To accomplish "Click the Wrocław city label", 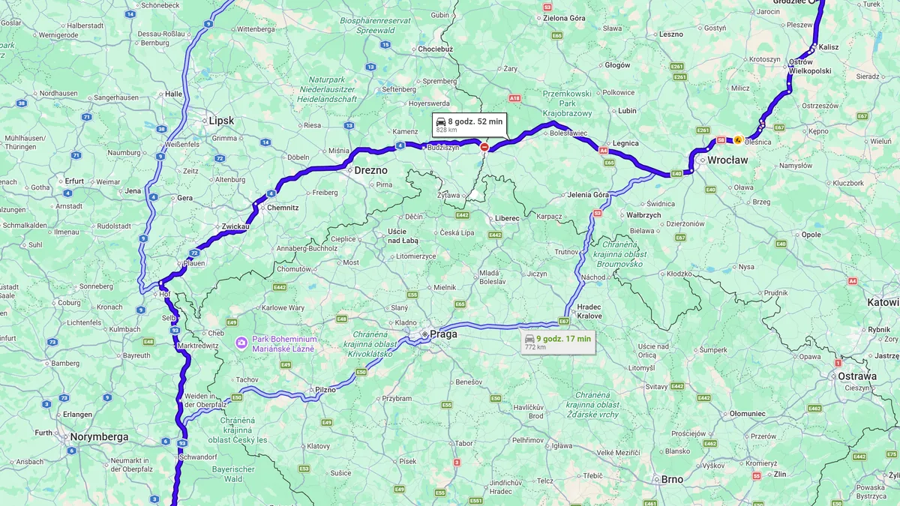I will click(x=728, y=160).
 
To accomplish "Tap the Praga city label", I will click(x=443, y=334).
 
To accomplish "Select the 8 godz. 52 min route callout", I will click(x=469, y=124).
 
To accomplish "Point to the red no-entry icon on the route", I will click(x=484, y=148).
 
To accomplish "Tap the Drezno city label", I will click(x=370, y=170).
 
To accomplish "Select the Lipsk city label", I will click(x=221, y=121).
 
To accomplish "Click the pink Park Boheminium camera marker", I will click(x=241, y=343).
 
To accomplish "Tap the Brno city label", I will click(x=671, y=479).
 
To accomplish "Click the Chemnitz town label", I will click(x=283, y=207).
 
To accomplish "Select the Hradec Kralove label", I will click(x=589, y=311).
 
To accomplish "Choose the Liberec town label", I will click(x=507, y=218).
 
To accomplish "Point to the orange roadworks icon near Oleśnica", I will click(x=738, y=139).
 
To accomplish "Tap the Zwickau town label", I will click(x=234, y=226).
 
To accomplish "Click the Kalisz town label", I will click(x=829, y=46).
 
